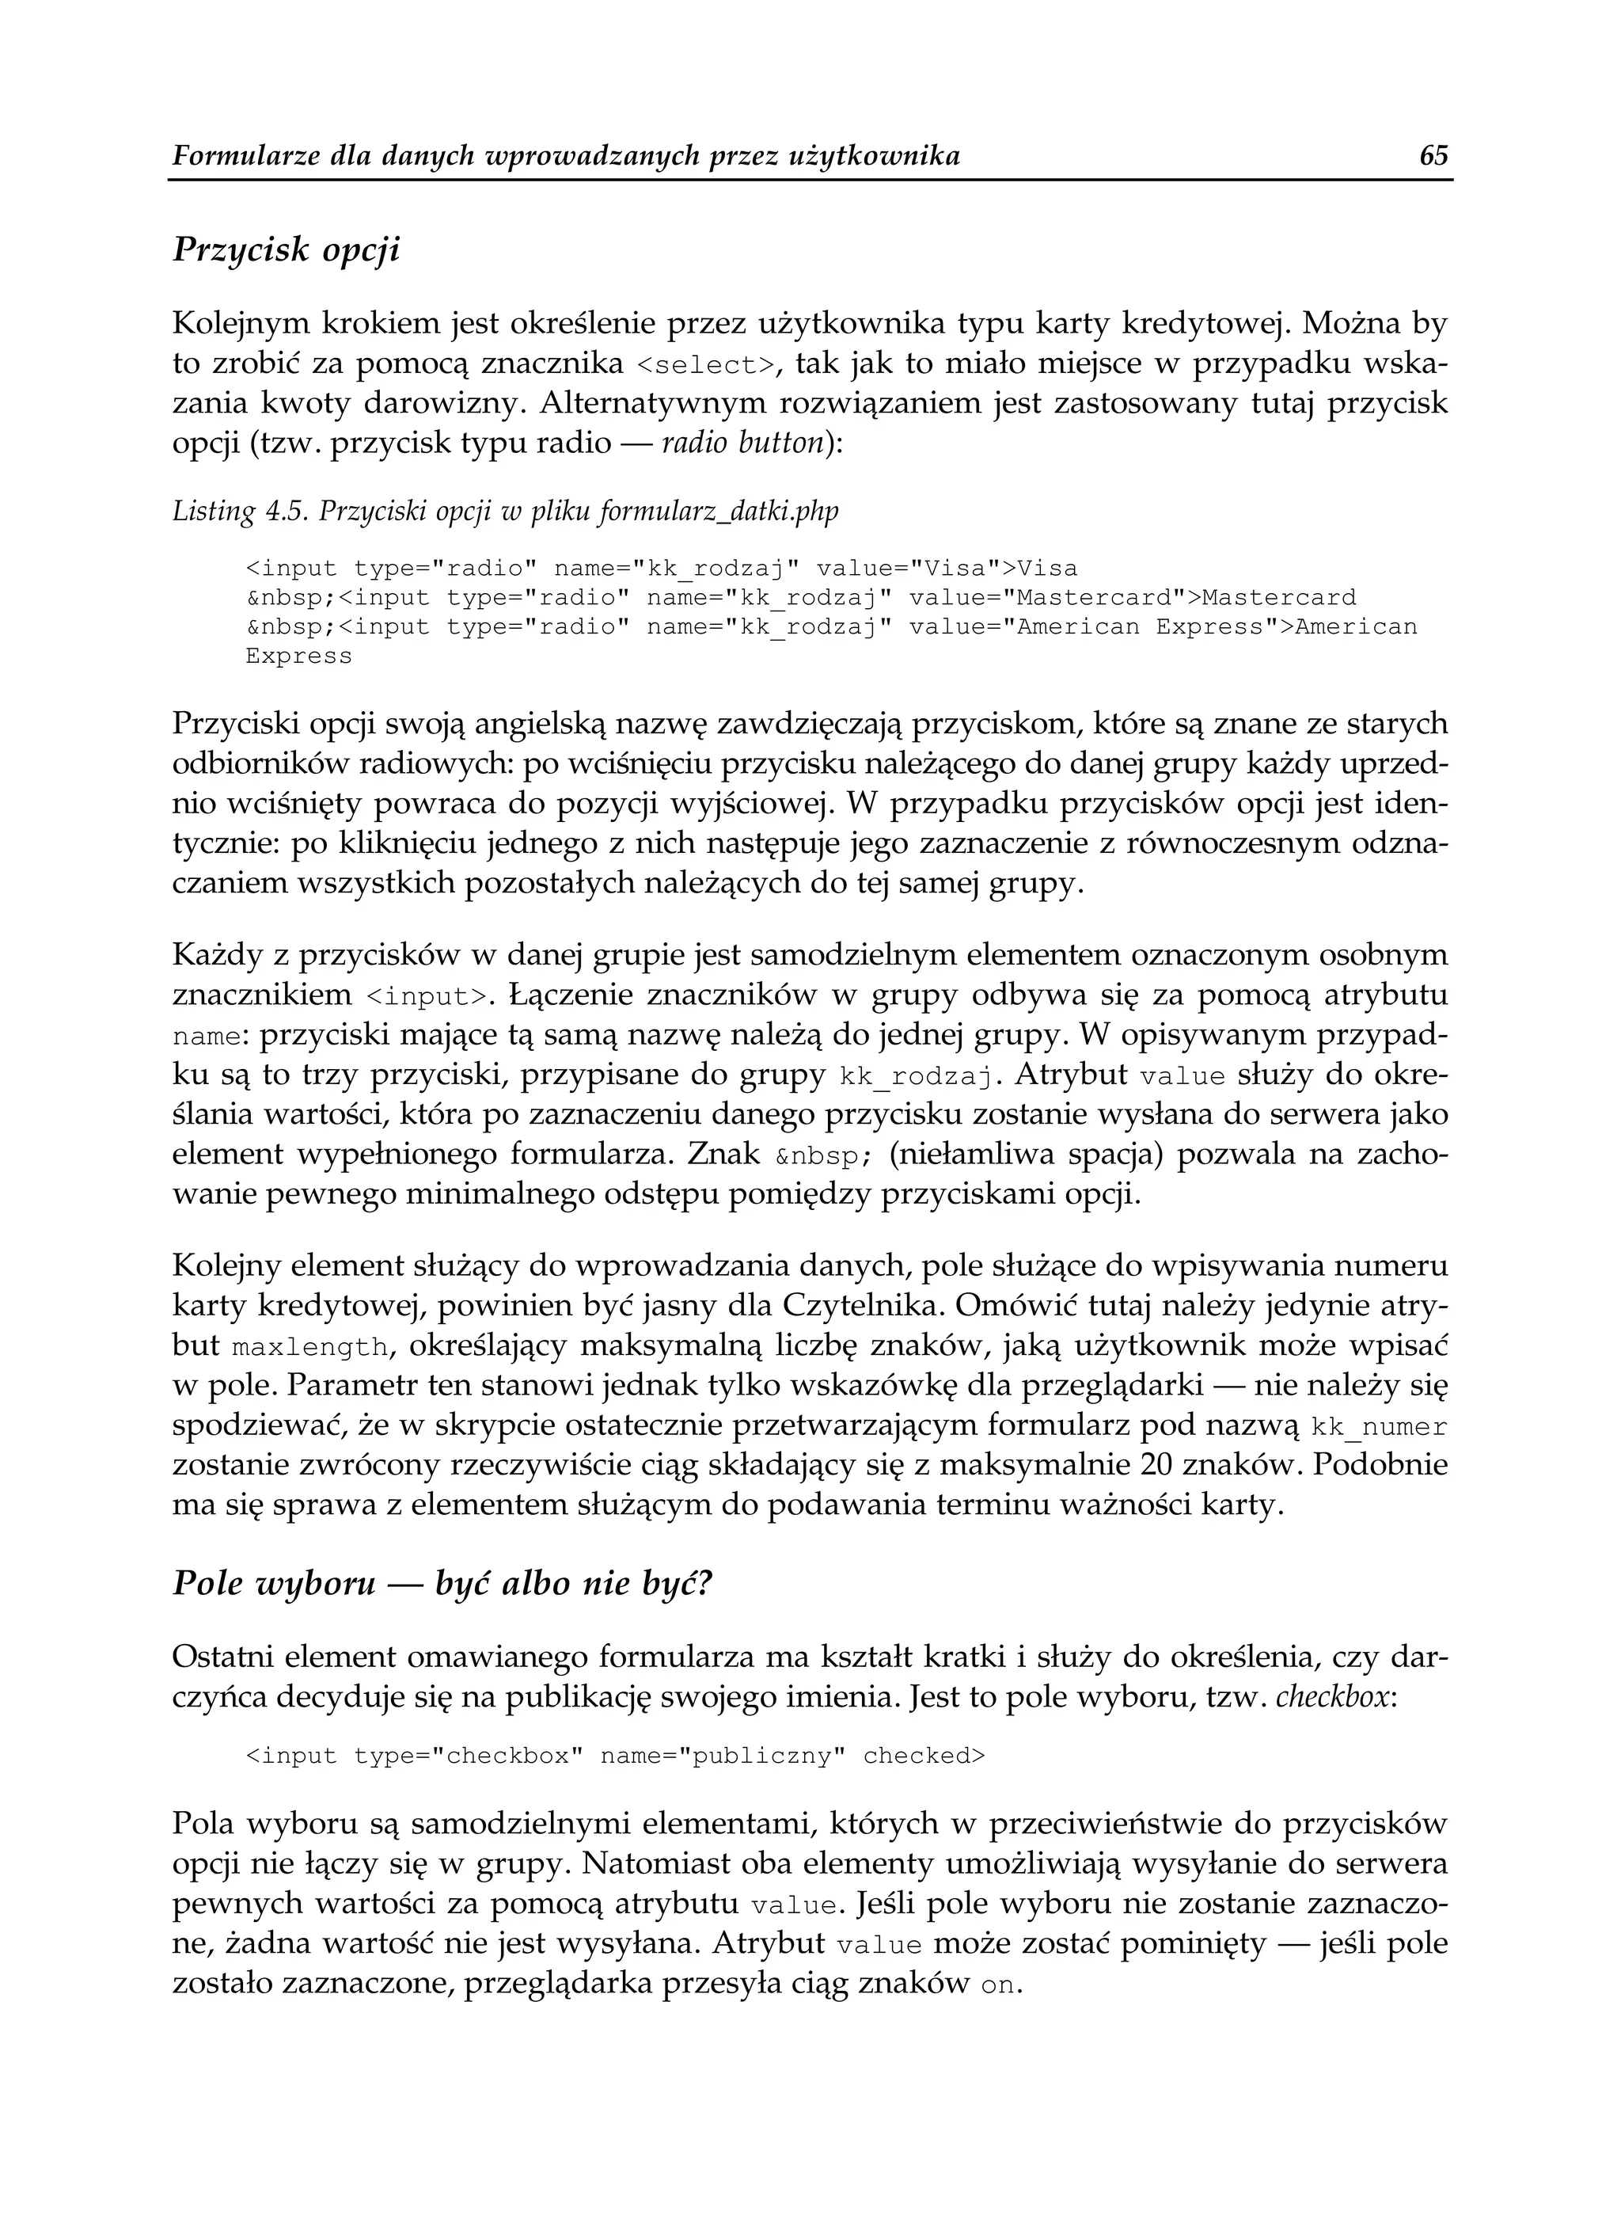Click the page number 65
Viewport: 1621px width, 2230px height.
click(x=1434, y=156)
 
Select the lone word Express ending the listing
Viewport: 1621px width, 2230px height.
click(x=298, y=656)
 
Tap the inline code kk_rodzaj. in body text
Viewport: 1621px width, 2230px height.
click(x=920, y=1077)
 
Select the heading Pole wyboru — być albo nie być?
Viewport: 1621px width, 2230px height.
click(x=440, y=1585)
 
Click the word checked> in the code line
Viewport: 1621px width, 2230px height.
click(x=923, y=1757)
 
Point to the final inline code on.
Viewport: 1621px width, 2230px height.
click(x=1000, y=1985)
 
